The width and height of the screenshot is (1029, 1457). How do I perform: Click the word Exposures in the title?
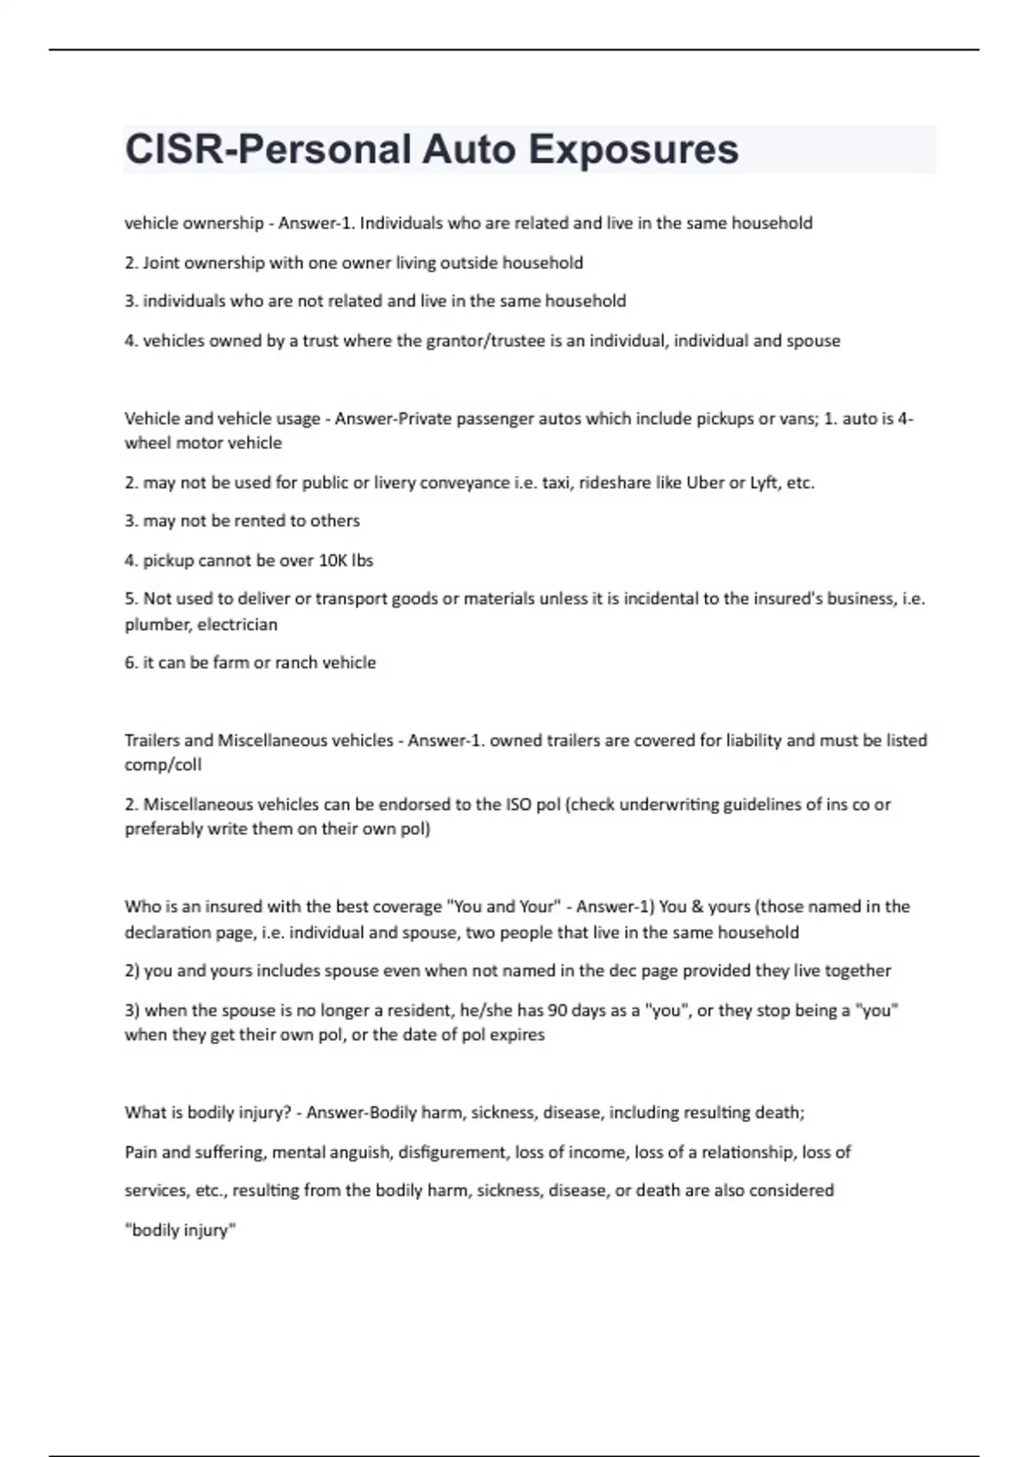633,149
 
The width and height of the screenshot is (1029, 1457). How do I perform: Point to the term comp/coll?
163,764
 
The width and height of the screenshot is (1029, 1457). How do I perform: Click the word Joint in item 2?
161,263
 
